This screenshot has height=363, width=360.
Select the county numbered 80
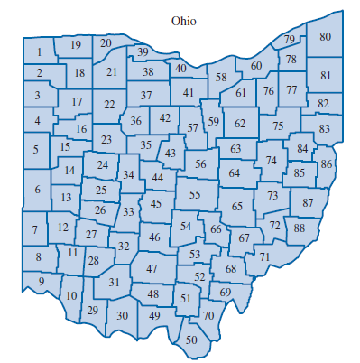(325, 37)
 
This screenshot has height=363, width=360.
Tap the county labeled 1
(39, 51)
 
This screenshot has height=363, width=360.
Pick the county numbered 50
(190, 340)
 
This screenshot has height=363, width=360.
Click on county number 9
(41, 283)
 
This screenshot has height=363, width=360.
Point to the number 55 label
(194, 195)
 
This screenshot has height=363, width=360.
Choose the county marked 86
(326, 164)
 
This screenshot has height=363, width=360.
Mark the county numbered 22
(109, 106)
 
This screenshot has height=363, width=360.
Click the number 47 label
(152, 269)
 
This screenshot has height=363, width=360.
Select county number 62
(239, 123)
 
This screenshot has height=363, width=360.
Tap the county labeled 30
(123, 315)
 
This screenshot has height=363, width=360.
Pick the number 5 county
(36, 149)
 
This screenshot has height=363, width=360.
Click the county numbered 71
(263, 257)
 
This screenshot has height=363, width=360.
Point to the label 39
(143, 52)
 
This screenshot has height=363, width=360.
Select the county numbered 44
(158, 178)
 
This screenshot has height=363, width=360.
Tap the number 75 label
(278, 126)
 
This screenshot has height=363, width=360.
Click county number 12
(63, 228)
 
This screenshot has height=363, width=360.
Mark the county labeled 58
(221, 79)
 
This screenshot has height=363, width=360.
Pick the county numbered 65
(236, 207)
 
